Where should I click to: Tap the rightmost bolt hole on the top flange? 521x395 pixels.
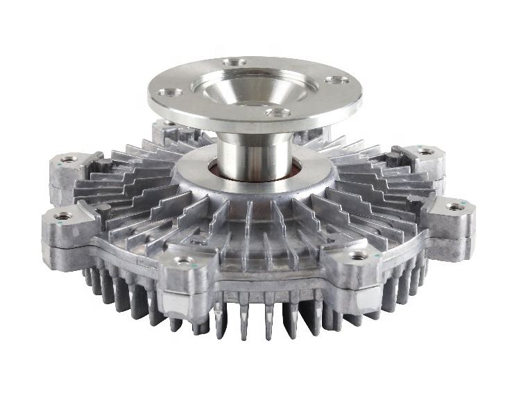point(338,80)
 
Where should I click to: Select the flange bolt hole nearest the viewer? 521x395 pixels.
point(277,112)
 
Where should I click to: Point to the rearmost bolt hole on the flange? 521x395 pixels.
point(235,63)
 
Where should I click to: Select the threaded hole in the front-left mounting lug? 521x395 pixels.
point(184,261)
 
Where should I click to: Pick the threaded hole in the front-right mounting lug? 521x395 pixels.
point(358,256)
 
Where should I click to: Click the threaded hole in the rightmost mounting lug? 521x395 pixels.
point(456,207)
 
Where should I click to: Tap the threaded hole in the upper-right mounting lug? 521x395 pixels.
point(425,151)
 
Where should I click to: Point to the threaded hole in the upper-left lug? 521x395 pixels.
point(69,159)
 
